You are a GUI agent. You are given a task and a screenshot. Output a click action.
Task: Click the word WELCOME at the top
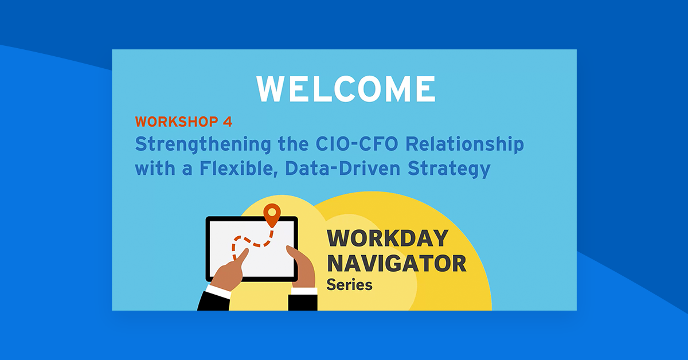[x=346, y=89]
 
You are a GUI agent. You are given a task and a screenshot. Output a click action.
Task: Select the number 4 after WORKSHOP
[x=228, y=122]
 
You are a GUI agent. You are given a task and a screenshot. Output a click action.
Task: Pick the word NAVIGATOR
[x=396, y=264]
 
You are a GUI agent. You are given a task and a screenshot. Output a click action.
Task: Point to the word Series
[x=349, y=284]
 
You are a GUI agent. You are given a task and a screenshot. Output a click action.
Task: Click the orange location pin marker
[x=272, y=214]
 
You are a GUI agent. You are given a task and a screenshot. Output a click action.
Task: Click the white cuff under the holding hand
[x=303, y=291]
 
